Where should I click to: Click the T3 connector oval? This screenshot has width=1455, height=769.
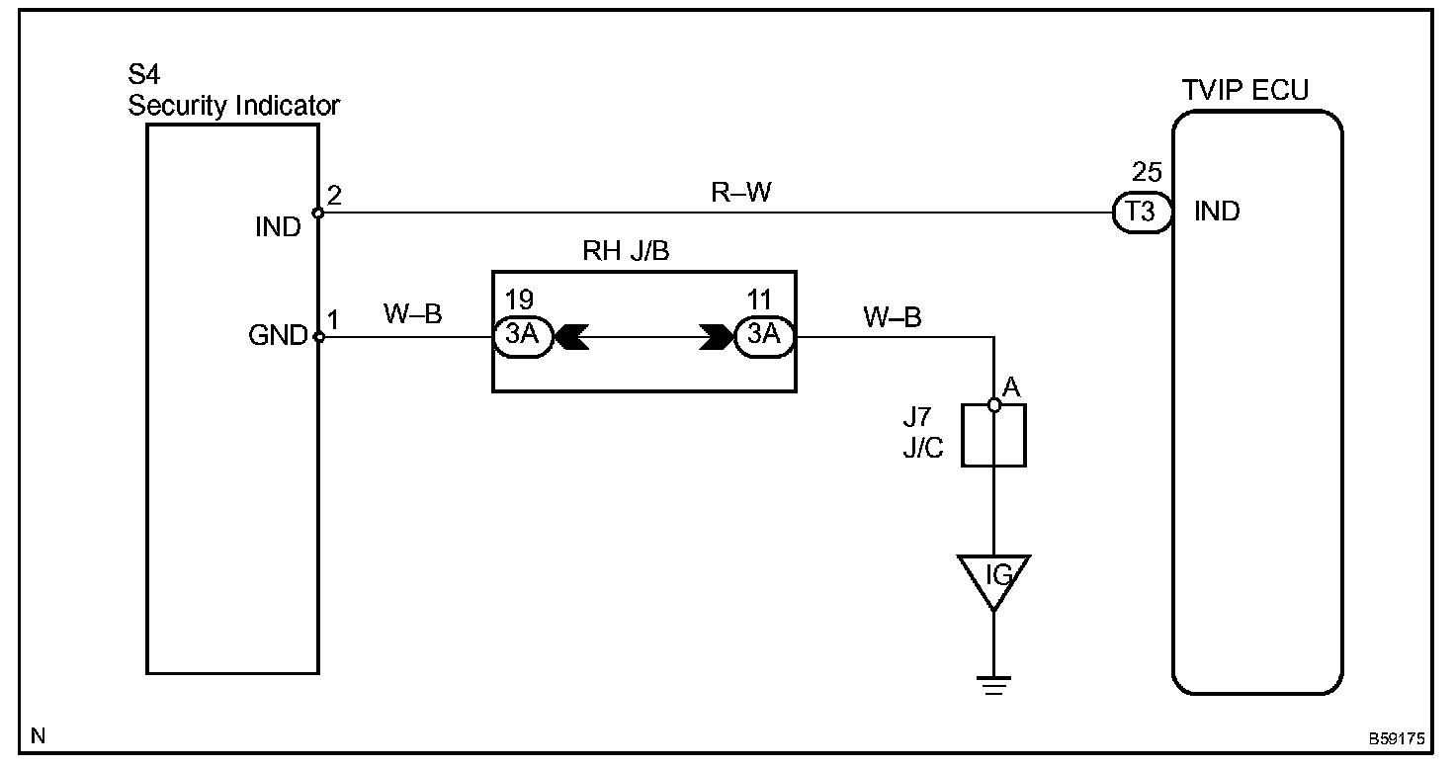tap(1142, 213)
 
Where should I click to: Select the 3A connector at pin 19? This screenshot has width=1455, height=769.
tap(523, 336)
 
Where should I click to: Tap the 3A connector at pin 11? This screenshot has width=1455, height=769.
tap(764, 336)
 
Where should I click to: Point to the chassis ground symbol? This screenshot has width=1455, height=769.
tap(993, 685)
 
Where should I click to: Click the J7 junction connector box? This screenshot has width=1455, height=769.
tap(993, 435)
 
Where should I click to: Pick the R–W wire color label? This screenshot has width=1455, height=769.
tap(741, 192)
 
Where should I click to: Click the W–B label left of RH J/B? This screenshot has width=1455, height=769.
tap(413, 314)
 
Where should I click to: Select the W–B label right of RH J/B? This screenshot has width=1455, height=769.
tap(893, 317)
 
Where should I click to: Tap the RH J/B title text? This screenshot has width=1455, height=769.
tap(626, 251)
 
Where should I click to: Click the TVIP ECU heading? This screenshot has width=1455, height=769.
tap(1244, 90)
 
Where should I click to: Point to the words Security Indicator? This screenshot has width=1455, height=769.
tap(234, 105)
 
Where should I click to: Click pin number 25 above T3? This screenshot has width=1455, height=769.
tap(1147, 172)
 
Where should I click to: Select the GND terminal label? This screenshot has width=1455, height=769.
tap(278, 336)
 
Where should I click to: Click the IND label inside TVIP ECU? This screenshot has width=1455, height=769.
tap(1217, 212)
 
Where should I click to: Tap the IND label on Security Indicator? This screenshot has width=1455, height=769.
tap(278, 227)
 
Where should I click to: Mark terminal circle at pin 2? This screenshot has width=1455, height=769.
tap(318, 214)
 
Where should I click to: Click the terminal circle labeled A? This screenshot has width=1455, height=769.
tap(993, 405)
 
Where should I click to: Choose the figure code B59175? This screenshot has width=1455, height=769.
tap(1397, 738)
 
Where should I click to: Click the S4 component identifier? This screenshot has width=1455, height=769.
tap(143, 75)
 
